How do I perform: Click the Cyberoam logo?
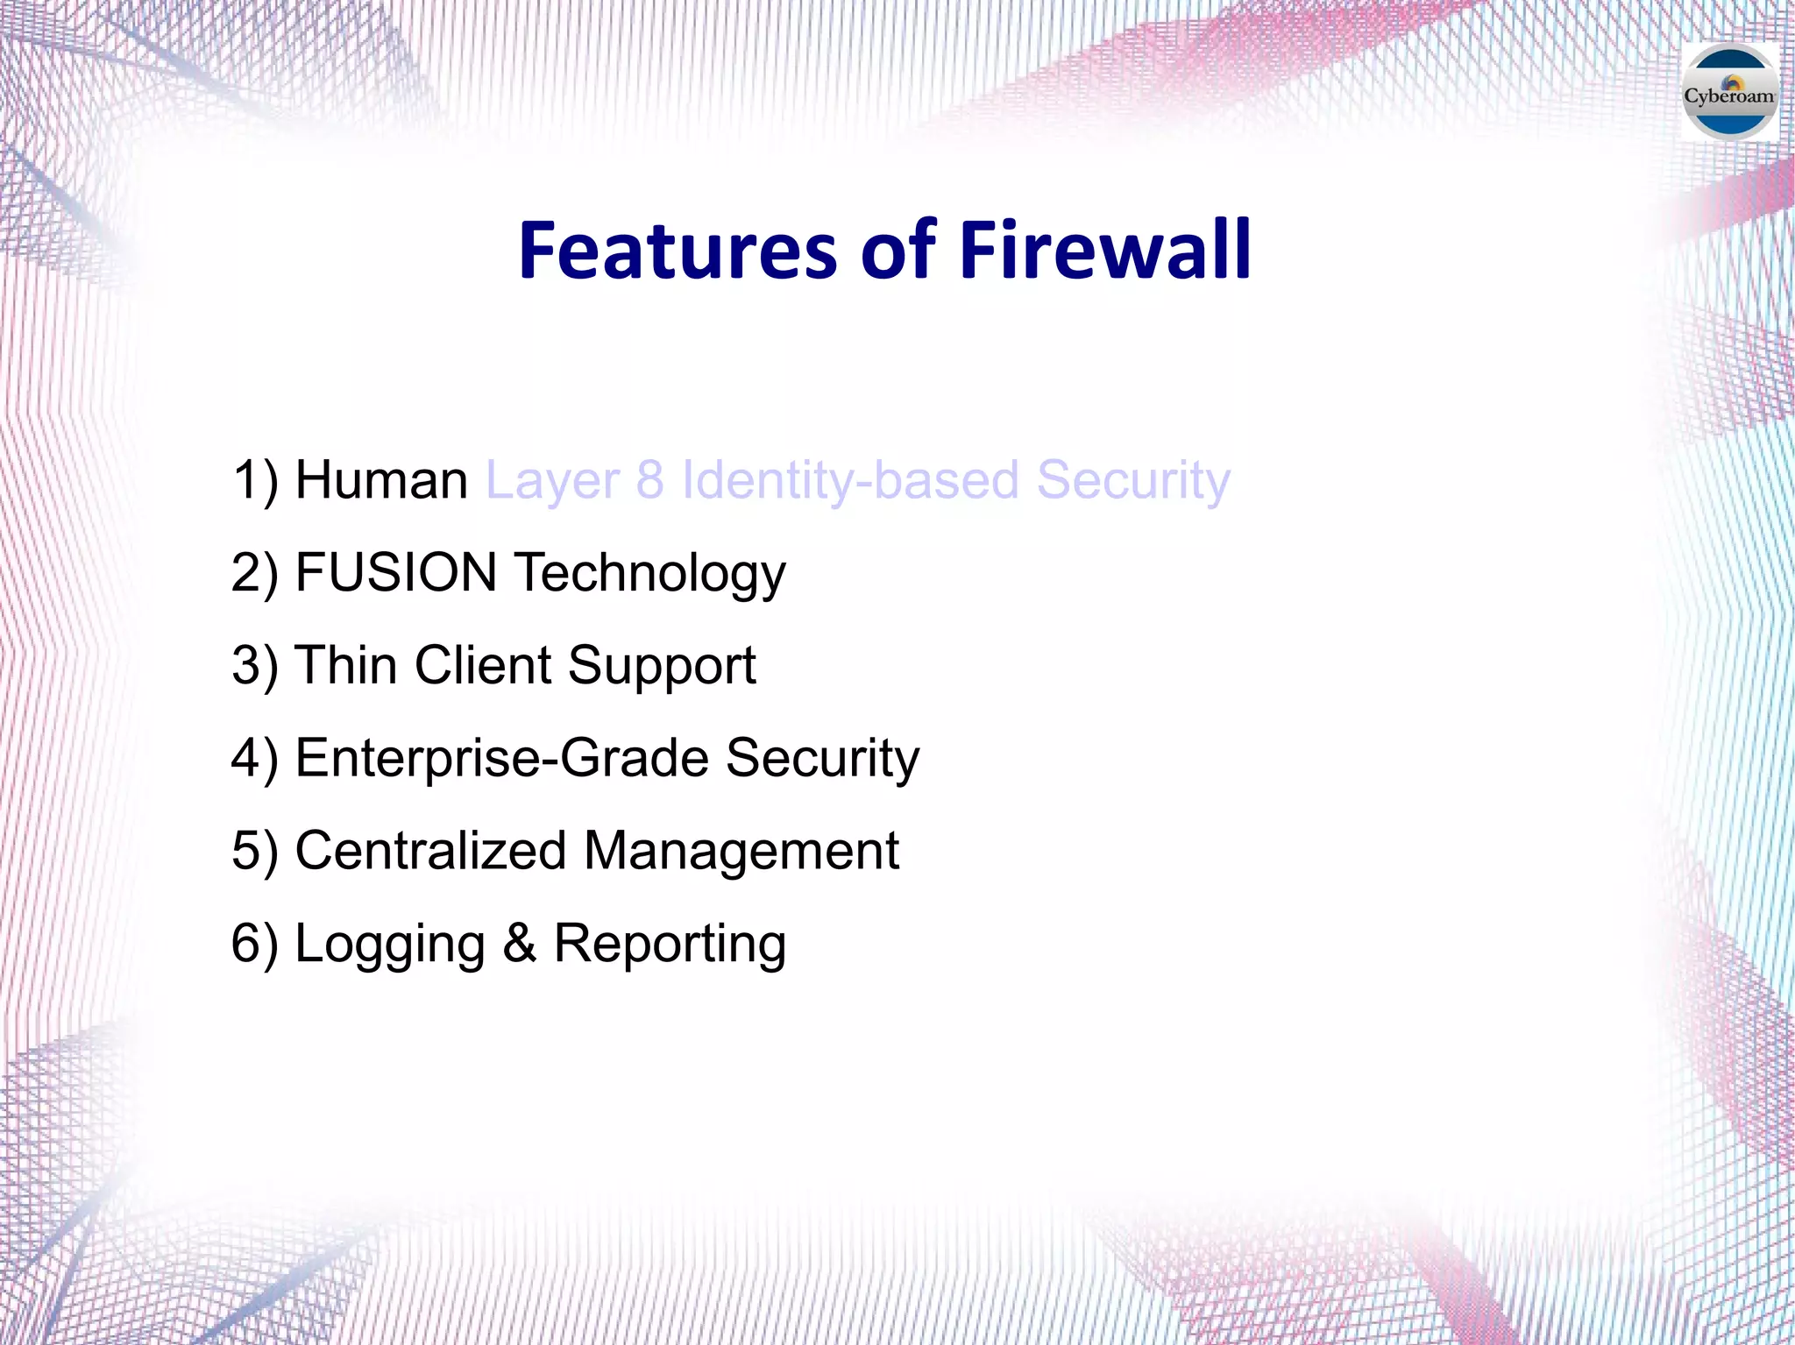[1729, 93]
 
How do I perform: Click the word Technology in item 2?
[649, 574]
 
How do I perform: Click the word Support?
[661, 667]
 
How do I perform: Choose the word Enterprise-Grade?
[501, 758]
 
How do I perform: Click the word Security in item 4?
[822, 758]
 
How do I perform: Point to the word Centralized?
[430, 851]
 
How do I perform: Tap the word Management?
[741, 851]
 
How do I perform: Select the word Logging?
[390, 945]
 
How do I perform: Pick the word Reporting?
[670, 945]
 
